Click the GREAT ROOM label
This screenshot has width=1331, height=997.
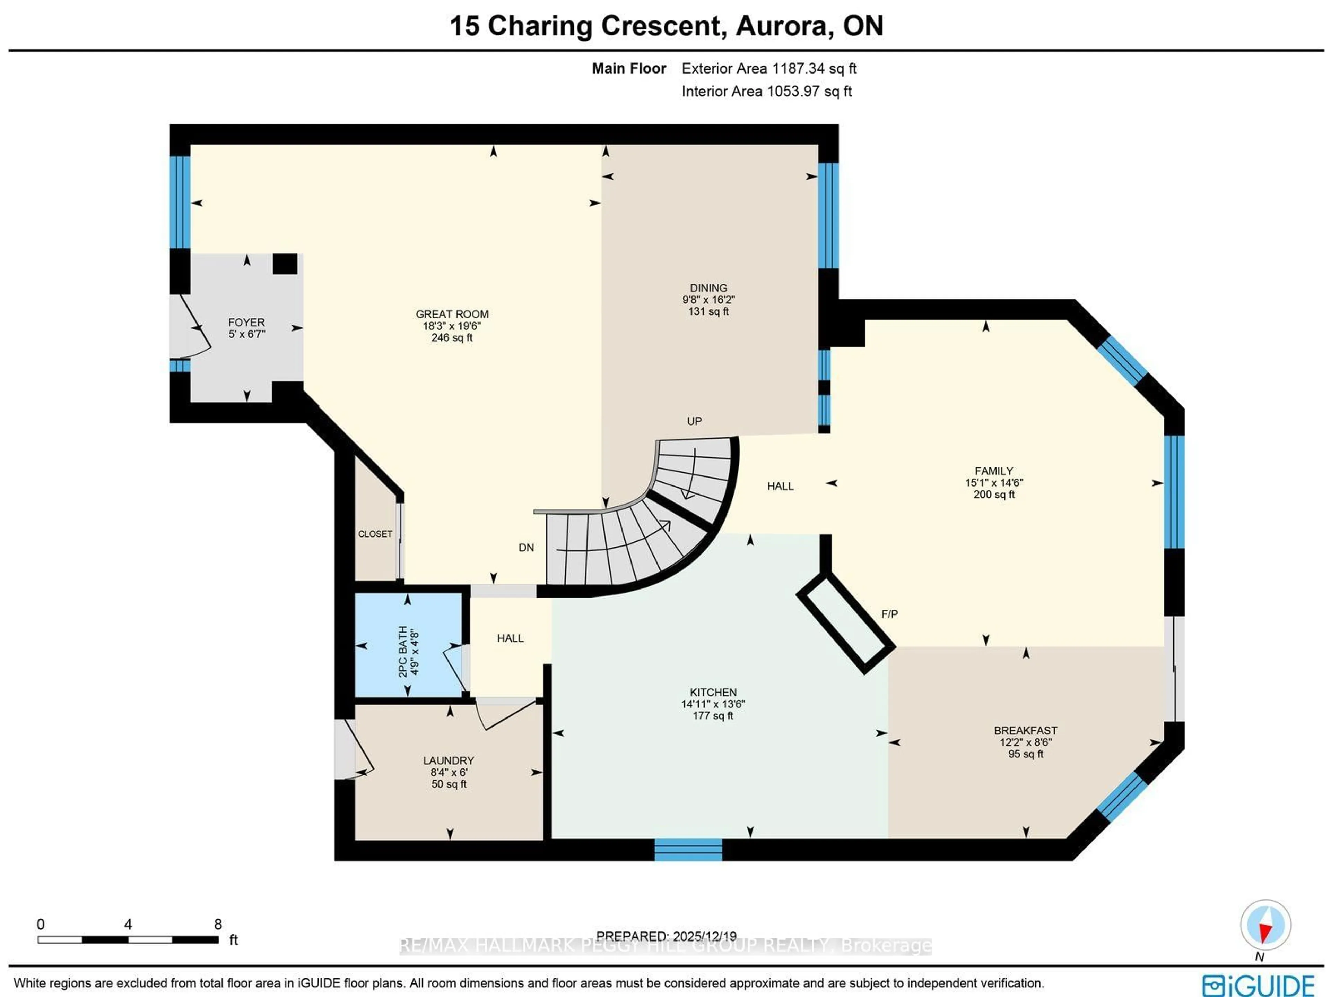pos(452,314)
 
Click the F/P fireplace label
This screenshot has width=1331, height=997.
pos(889,614)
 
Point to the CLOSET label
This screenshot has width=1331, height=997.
pos(375,534)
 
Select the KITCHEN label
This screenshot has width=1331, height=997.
pos(713,693)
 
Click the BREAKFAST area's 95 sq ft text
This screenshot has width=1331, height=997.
pos(1025,754)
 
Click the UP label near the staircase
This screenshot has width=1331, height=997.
pos(694,421)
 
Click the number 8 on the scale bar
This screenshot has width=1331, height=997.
pos(218,924)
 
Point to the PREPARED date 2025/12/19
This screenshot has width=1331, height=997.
pos(704,936)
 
